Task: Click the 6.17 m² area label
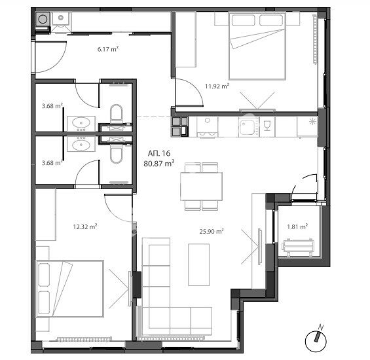coord(108,49)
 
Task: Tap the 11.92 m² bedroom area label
coord(217,86)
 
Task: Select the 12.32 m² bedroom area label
coord(85,226)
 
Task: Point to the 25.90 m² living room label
coord(212,231)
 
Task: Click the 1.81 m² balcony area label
coord(297,226)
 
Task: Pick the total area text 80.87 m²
coord(159,163)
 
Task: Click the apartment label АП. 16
coord(159,153)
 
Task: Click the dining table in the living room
coord(201,187)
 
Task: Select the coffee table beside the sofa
coord(198,264)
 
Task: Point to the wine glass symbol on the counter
coord(267,126)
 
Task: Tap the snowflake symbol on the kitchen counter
coord(312,122)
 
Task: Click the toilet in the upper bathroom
coord(117,114)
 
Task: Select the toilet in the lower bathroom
coord(117,154)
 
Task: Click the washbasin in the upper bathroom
coord(81,123)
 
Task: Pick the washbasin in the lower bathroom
coord(81,143)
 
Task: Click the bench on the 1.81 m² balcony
coord(298,247)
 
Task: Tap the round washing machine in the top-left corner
coord(43,19)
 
